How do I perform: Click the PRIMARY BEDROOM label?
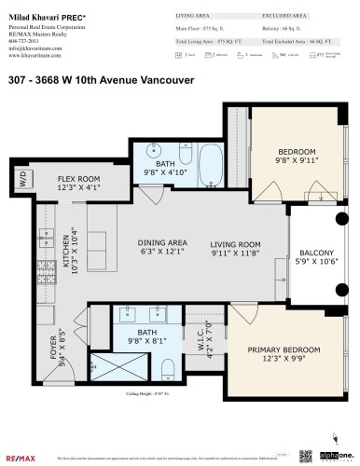[x=284, y=350]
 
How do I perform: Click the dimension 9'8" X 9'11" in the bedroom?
[x=297, y=160]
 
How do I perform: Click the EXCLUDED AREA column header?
[x=285, y=17]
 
